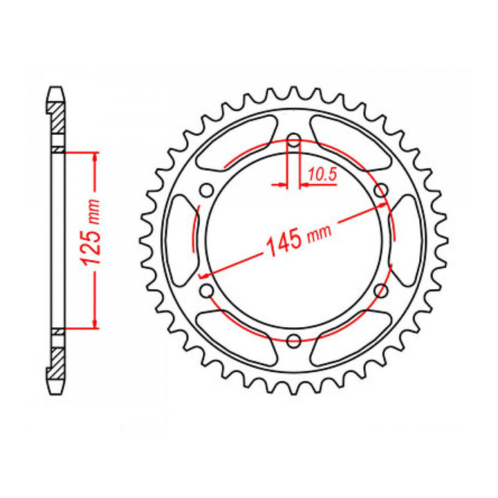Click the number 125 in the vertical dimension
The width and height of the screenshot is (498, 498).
pos(90,248)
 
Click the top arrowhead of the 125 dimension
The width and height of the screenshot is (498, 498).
pos(93,155)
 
